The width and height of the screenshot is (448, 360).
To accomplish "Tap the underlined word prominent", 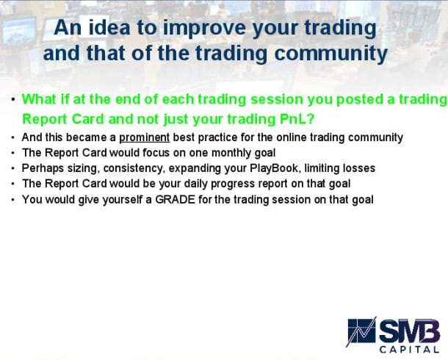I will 144,137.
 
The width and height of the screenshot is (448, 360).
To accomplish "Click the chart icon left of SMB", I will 362,333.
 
